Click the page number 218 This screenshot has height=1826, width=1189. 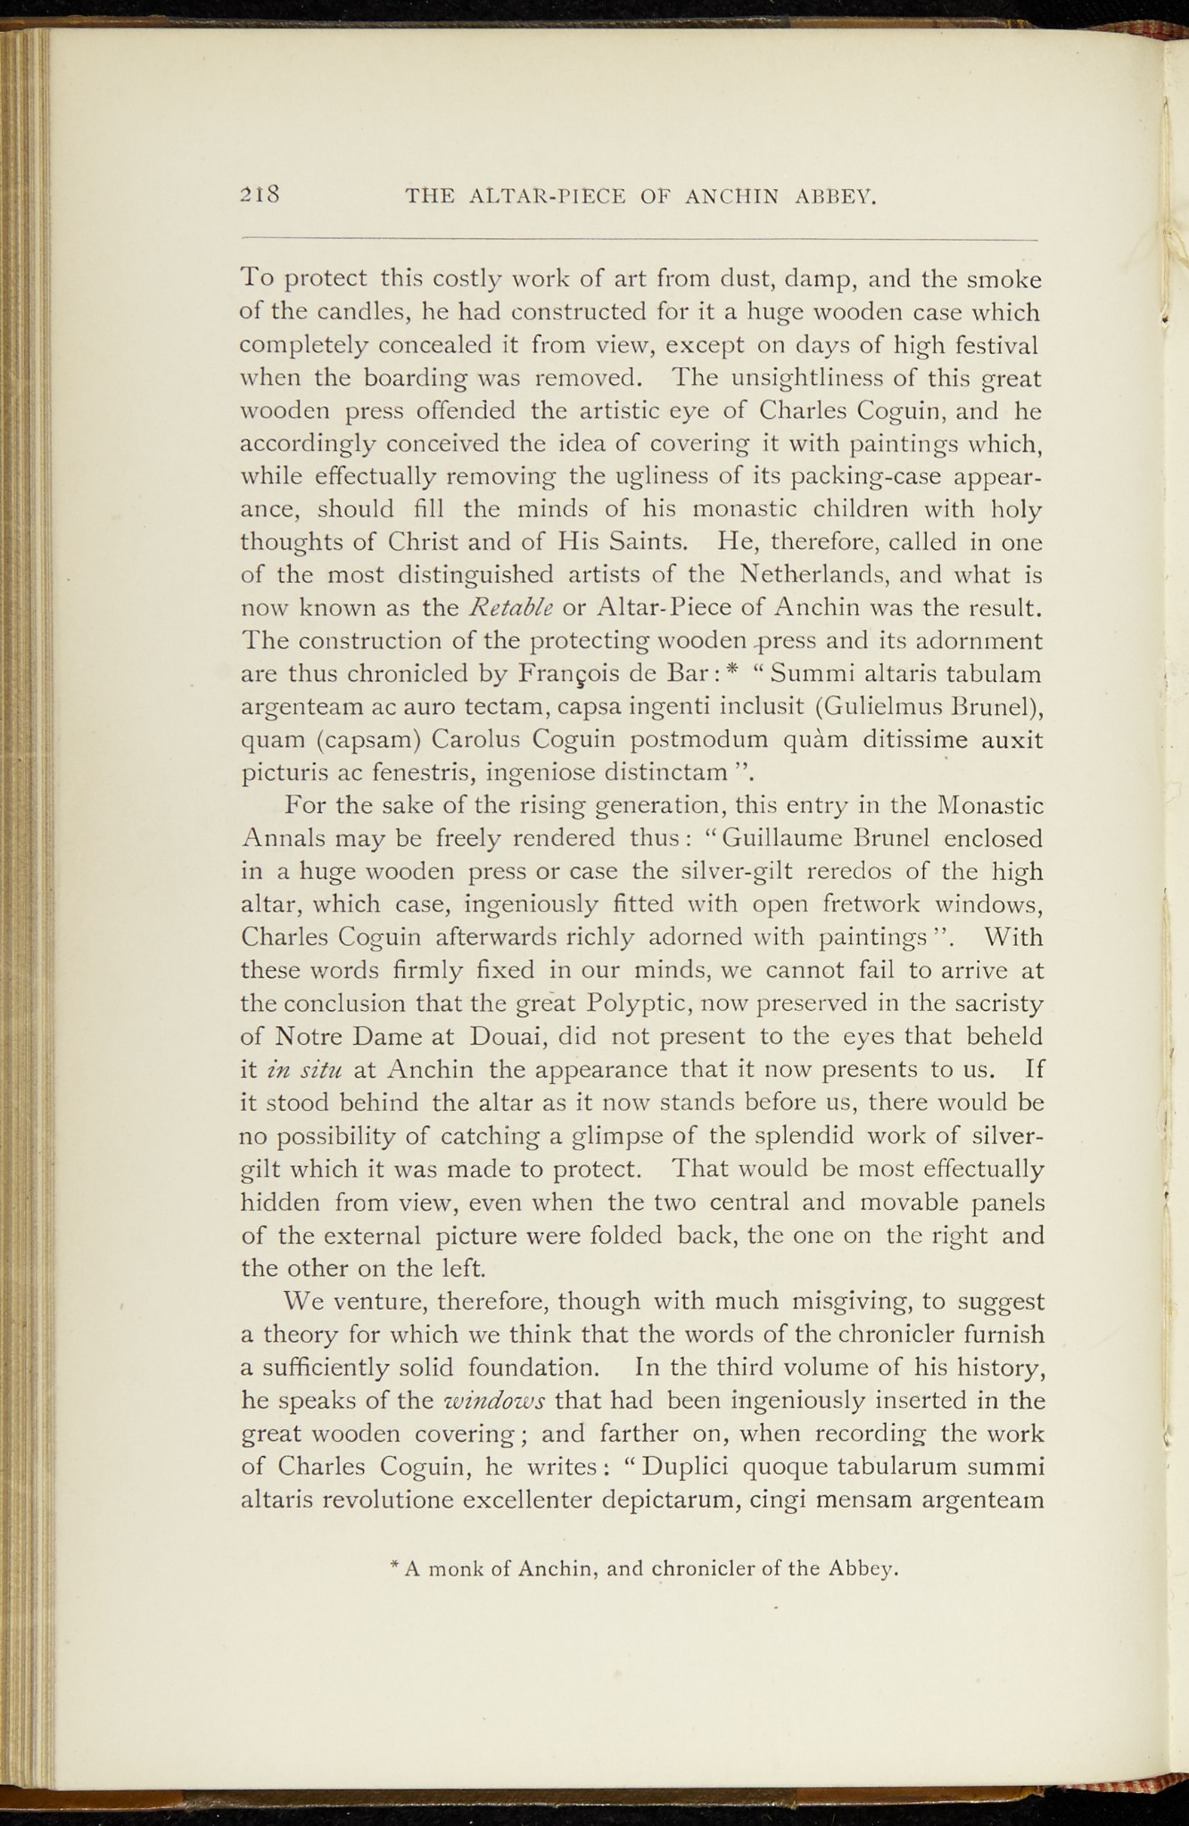click(x=260, y=194)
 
